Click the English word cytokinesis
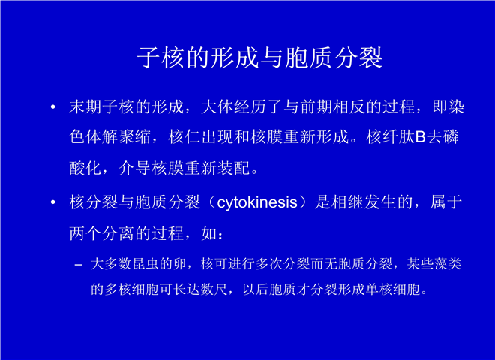[x=257, y=203]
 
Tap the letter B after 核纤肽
[x=421, y=137]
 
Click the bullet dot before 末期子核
[x=53, y=107]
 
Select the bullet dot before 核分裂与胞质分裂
[x=53, y=202]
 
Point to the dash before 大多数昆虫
[x=79, y=265]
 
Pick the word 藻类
[x=448, y=264]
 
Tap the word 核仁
[x=184, y=137]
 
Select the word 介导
[x=135, y=168]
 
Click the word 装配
[x=234, y=168]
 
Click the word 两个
[x=85, y=234]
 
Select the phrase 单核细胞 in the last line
[x=393, y=289]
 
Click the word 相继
[x=348, y=202]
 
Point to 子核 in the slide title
[x=161, y=58]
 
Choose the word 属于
[x=446, y=202]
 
